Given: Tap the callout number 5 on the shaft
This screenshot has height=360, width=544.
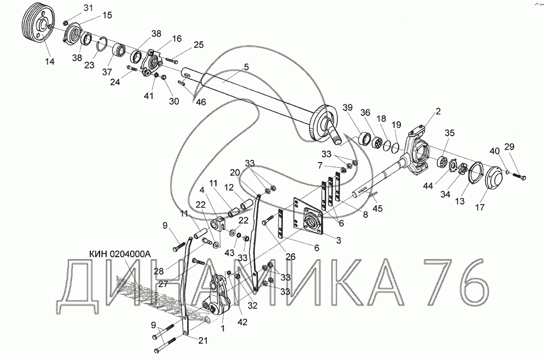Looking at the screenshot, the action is [x=246, y=66].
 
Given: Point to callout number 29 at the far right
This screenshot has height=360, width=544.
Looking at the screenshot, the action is [x=509, y=146].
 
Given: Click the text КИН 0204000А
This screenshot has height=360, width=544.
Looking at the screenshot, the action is [x=119, y=254].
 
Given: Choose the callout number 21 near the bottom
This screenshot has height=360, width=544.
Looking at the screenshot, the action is [x=202, y=340].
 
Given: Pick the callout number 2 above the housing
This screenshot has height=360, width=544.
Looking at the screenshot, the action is [x=438, y=111].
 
